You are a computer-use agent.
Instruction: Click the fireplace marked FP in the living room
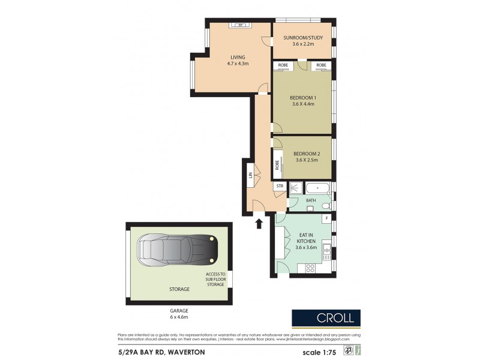240,25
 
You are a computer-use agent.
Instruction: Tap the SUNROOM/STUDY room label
303,38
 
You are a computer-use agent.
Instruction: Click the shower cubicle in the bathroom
296,188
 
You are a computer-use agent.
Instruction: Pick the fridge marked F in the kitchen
326,218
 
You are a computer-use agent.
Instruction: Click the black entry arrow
259,223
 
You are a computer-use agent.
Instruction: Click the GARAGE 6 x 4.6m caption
178,314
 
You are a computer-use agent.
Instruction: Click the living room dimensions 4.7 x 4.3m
238,63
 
